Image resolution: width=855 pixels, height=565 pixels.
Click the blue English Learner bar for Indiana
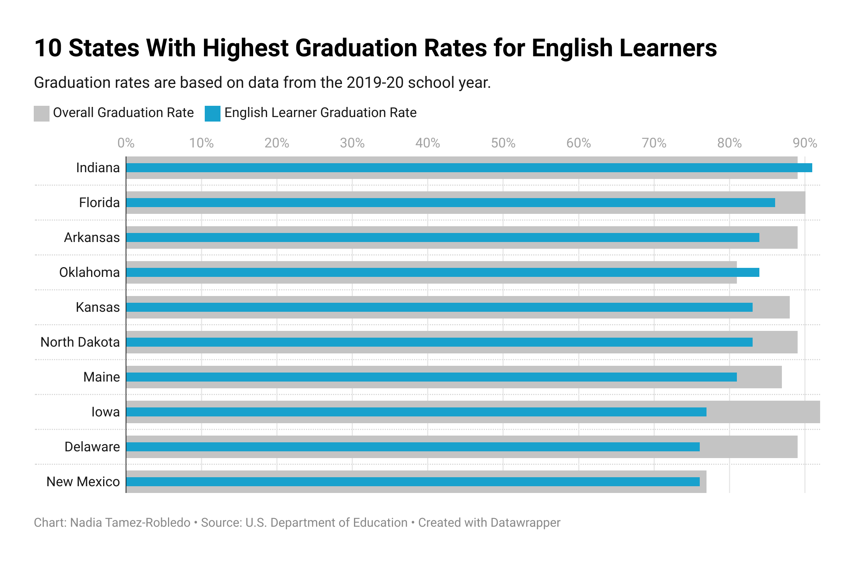[x=469, y=168]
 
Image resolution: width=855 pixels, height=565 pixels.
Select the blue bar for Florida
[x=450, y=203]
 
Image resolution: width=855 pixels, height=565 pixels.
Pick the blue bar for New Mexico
[x=412, y=482]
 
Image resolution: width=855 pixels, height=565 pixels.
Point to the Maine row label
[x=102, y=377]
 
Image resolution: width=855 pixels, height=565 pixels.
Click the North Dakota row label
[x=80, y=342]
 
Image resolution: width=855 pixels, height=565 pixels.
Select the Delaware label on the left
[x=92, y=447]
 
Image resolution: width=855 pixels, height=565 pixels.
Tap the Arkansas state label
[x=92, y=237]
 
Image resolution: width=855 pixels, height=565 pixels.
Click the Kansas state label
[x=98, y=307]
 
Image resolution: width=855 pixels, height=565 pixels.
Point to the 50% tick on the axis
[x=503, y=143]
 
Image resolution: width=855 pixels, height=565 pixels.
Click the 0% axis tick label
[x=126, y=143]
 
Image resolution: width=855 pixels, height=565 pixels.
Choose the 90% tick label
[x=805, y=143]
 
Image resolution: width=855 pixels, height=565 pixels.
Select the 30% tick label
[x=352, y=143]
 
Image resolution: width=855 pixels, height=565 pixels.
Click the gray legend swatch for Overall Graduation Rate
[x=42, y=113]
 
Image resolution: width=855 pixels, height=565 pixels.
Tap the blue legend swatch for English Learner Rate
[x=213, y=113]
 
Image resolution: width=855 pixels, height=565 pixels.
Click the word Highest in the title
[x=246, y=48]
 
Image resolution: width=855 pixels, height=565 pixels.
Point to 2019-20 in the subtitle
[x=375, y=83]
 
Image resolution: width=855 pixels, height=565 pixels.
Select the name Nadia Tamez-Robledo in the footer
[x=130, y=523]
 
